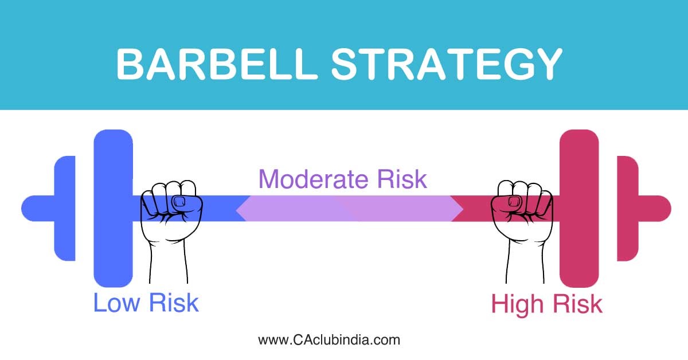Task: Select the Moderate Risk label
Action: tap(343, 179)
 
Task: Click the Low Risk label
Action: tap(146, 302)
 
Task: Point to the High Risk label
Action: tap(546, 304)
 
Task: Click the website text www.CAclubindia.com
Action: tap(329, 339)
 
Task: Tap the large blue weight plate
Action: tap(113, 241)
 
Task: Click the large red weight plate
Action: tap(579, 241)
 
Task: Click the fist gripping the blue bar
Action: tap(170, 206)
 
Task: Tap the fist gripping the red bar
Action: tap(519, 206)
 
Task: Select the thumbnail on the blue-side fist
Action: tap(179, 201)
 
